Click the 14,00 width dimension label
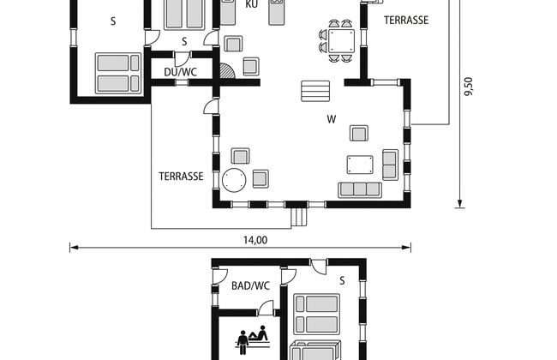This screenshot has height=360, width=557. pyautogui.click(x=255, y=240)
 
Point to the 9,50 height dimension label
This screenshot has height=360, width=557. pyautogui.click(x=469, y=87)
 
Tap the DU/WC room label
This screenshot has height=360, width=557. pyautogui.click(x=180, y=72)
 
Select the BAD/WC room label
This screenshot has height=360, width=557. pyautogui.click(x=250, y=285)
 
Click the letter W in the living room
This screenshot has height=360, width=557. pyautogui.click(x=331, y=119)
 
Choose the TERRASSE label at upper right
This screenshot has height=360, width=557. pyautogui.click(x=406, y=21)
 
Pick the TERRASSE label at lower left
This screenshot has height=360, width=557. pyautogui.click(x=181, y=177)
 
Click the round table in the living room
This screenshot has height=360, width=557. pyautogui.click(x=234, y=180)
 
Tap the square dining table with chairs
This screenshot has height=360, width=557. pyautogui.click(x=341, y=41)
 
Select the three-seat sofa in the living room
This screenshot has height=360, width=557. pyautogui.click(x=360, y=189)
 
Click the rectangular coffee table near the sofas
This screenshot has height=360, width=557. pyautogui.click(x=360, y=165)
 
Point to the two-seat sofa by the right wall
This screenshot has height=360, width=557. pyautogui.click(x=390, y=165)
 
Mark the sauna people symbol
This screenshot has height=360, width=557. pyautogui.click(x=252, y=339)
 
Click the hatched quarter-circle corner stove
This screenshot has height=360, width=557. pyautogui.click(x=226, y=71)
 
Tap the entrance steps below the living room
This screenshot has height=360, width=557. pyautogui.click(x=299, y=217)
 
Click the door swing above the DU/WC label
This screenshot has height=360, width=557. pyautogui.click(x=181, y=59)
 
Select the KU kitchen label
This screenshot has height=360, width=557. pyautogui.click(x=251, y=4)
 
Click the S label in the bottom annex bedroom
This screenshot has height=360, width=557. pyautogui.click(x=342, y=281)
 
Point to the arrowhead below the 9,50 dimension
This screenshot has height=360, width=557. pyautogui.click(x=459, y=204)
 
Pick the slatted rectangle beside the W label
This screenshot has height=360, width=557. pyautogui.click(x=315, y=91)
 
